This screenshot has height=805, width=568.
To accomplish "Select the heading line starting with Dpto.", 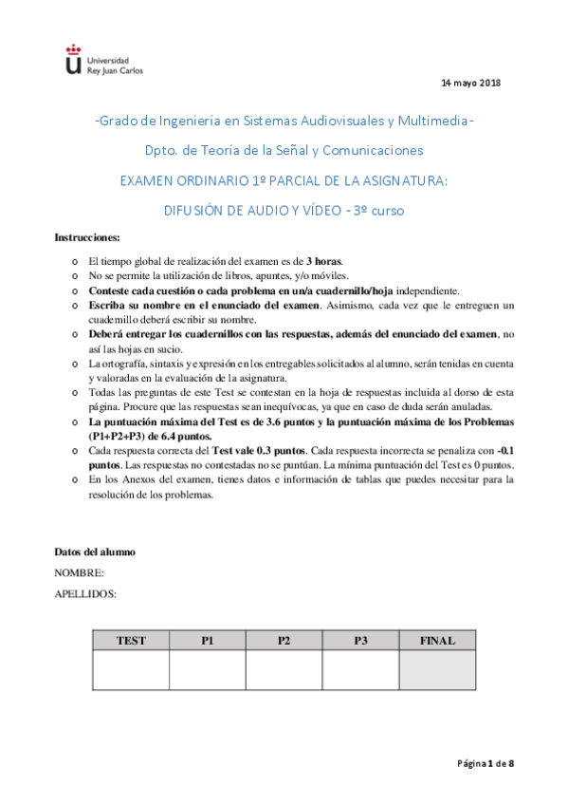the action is [x=284, y=150].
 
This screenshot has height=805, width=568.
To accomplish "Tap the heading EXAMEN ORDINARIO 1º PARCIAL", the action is [x=284, y=179].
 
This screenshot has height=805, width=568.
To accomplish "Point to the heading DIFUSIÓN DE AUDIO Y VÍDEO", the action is [x=284, y=210].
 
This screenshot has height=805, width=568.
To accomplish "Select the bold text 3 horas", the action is [x=324, y=261].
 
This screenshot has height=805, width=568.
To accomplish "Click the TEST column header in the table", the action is [x=131, y=641].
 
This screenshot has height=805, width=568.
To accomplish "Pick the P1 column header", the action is [x=208, y=641].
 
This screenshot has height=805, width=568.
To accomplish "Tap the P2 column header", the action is [x=284, y=641].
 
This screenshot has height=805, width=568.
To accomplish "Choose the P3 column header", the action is [x=360, y=641].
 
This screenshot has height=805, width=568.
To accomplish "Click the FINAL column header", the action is [x=437, y=641].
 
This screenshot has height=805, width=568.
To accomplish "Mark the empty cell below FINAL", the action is [x=437, y=670].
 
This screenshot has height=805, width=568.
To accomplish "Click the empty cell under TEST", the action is [x=131, y=670].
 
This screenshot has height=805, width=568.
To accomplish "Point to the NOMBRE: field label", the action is [x=80, y=572].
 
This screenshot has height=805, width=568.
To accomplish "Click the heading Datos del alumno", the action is [x=95, y=552].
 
